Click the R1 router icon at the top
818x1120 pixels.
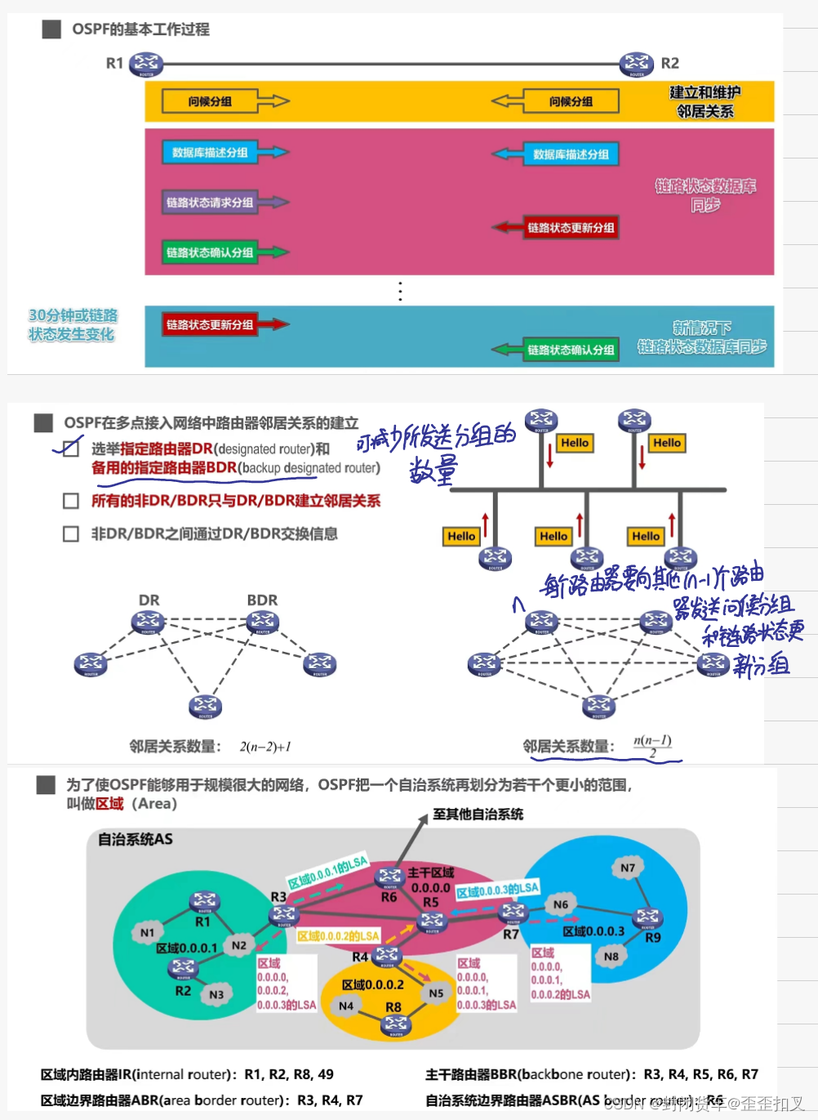coord(146,63)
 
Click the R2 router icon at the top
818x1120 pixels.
coord(637,63)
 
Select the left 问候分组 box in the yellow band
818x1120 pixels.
coord(210,101)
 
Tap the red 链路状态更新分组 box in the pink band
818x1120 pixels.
coord(571,228)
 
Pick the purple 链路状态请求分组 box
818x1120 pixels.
coord(210,203)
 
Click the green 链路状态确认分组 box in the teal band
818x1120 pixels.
coord(571,350)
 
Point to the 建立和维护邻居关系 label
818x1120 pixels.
coord(705,102)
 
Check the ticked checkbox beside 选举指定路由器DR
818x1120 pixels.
coord(71,448)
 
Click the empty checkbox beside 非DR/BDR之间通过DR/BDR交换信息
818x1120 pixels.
coord(71,533)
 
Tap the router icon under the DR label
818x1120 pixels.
coord(148,622)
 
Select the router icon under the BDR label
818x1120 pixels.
coord(262,622)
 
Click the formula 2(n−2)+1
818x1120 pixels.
coord(265,747)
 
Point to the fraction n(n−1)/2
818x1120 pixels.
coord(652,746)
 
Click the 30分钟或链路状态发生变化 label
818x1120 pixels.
coord(72,325)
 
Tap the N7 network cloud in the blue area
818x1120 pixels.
coord(627,868)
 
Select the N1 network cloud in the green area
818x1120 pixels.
coord(147,932)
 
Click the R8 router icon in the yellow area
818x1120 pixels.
coord(396,1024)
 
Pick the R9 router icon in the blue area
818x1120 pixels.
coord(647,917)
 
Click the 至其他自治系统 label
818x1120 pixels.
coord(478,814)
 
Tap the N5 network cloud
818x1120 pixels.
coord(436,993)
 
